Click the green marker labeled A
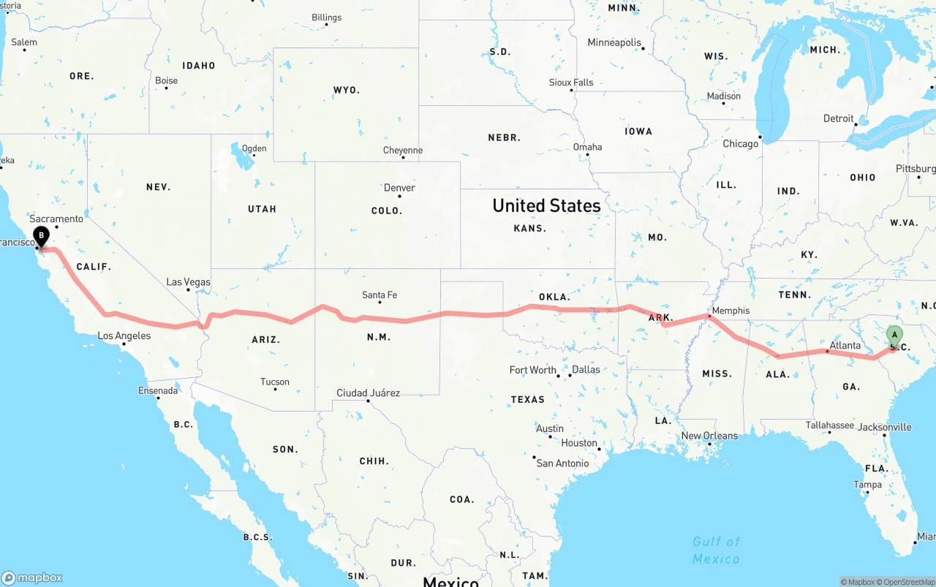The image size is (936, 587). point(894,336)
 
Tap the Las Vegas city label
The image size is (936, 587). point(188,282)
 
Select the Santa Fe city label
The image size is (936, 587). point(380,295)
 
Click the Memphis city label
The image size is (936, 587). point(731,311)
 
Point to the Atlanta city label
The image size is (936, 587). point(845,346)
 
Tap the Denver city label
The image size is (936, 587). point(399,188)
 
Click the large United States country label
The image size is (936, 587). point(546,205)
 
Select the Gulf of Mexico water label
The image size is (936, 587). point(716,550)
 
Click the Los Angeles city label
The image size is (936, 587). point(124,336)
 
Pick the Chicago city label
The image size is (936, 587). point(740,144)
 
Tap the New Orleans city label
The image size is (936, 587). point(709,436)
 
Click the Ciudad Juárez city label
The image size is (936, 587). point(368,393)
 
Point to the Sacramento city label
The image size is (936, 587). point(56,219)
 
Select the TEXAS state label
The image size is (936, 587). point(528,399)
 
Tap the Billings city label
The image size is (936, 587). point(326,18)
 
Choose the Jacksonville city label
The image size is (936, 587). point(885,427)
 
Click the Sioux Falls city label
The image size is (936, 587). point(571,83)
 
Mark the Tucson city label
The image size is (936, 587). point(275,382)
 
